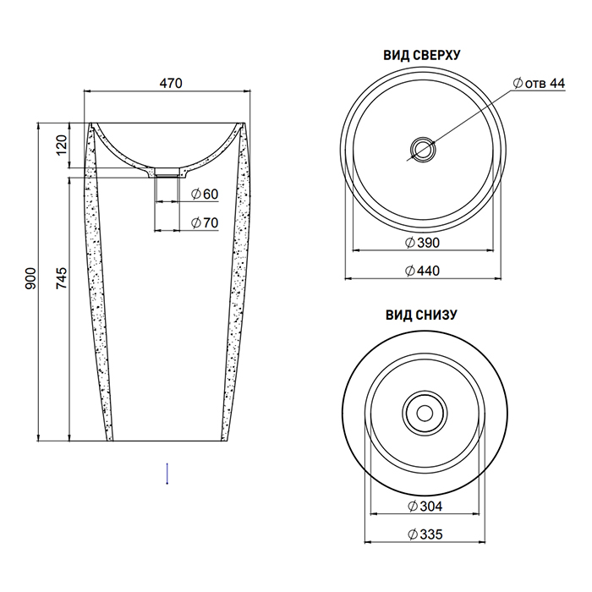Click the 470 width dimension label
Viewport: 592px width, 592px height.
pos(171,84)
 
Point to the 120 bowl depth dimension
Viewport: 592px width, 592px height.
pos(62,145)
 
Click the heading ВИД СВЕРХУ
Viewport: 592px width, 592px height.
pos(422,56)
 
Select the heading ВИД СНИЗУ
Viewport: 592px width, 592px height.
pos(422,315)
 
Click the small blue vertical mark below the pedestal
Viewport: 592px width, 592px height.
pos(167,474)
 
